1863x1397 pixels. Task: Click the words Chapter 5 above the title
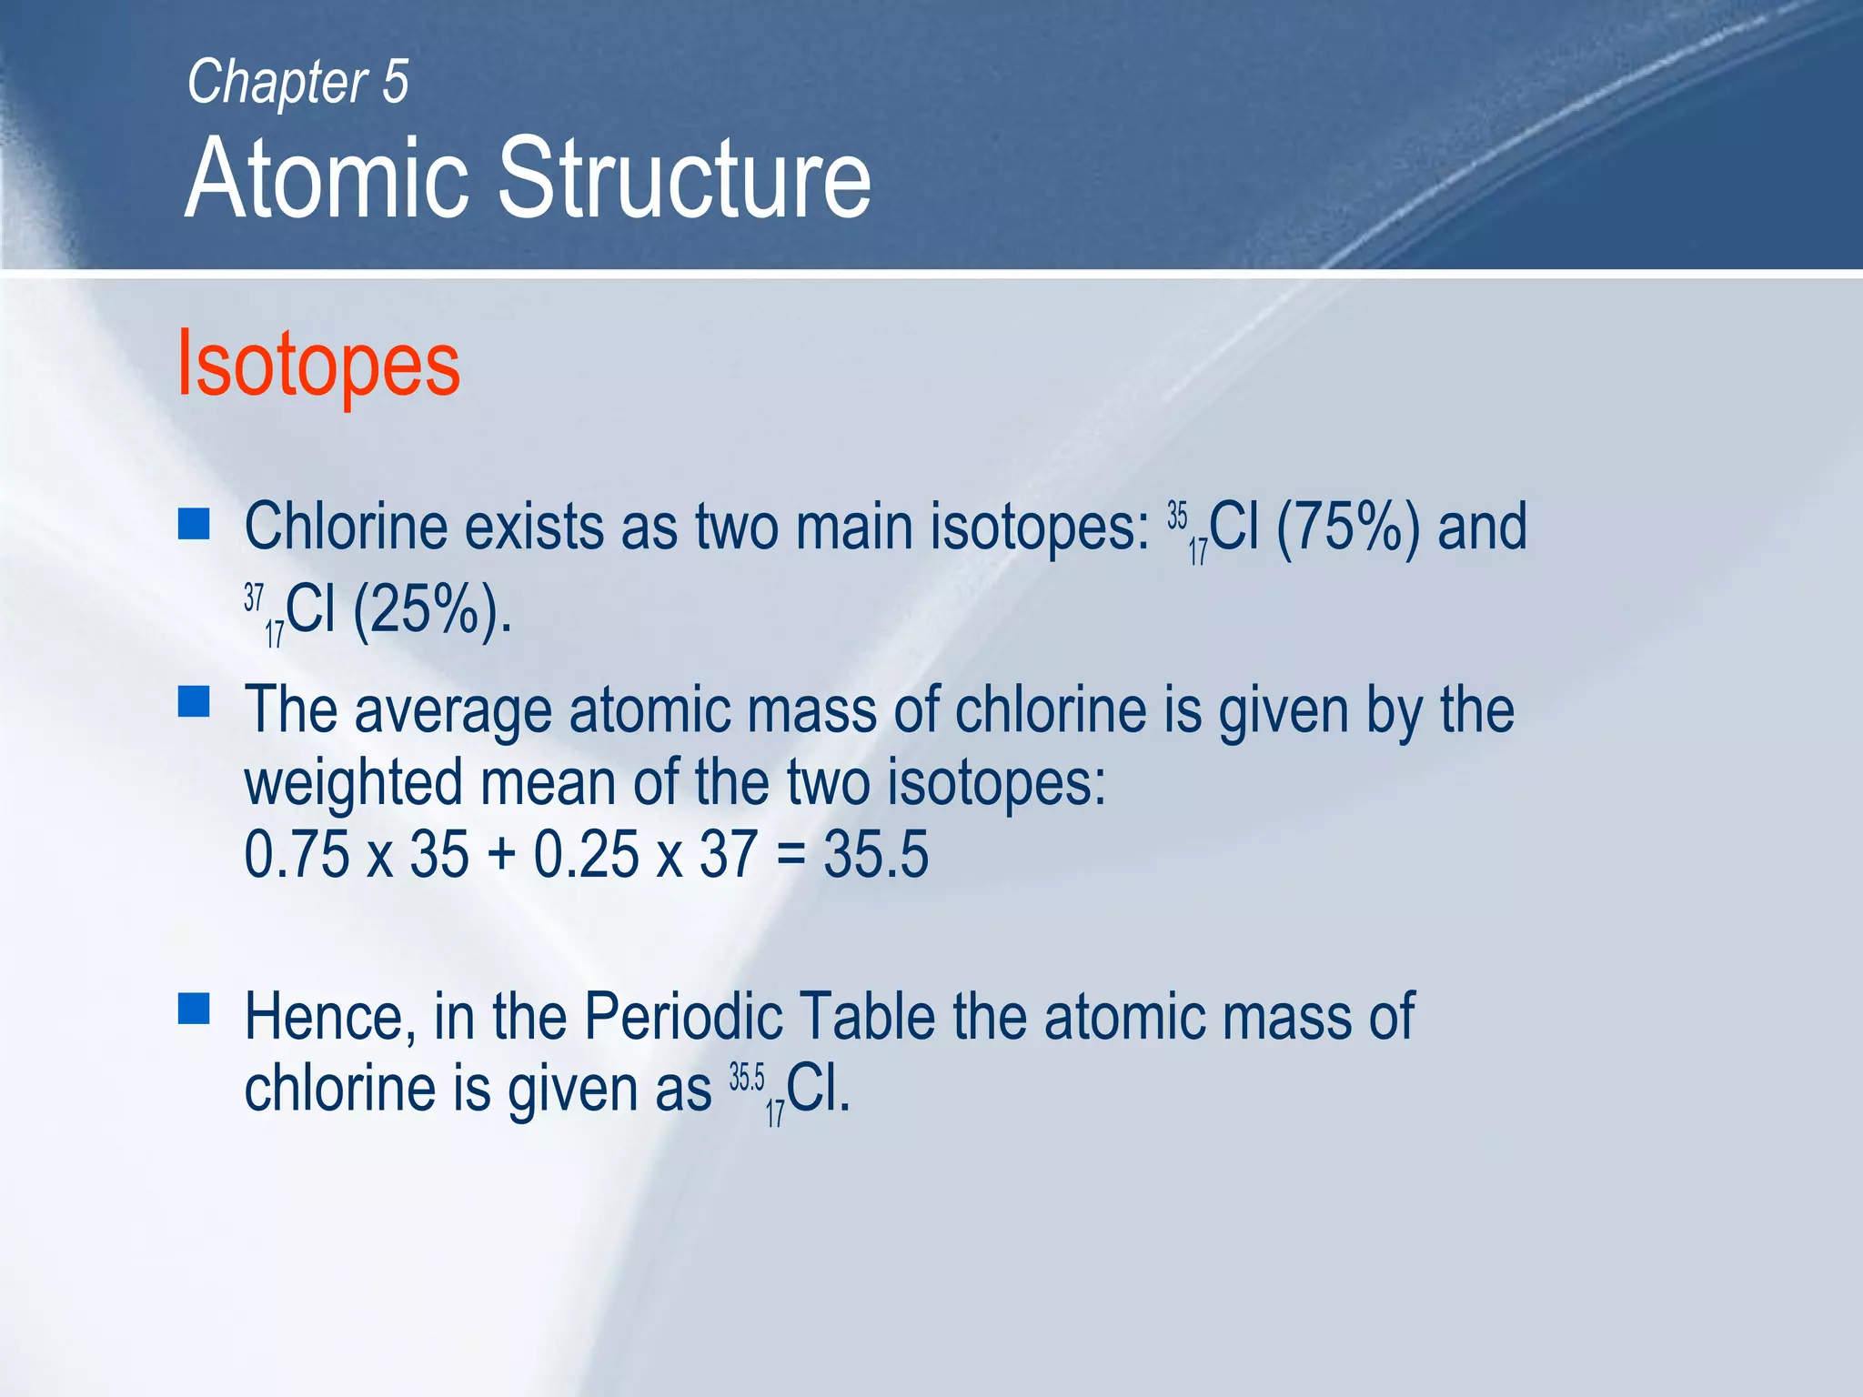click(297, 83)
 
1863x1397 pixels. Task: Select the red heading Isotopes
click(318, 364)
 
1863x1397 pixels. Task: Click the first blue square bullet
click(194, 524)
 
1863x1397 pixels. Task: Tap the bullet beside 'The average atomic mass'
click(194, 702)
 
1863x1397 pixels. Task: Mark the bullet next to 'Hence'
click(194, 1009)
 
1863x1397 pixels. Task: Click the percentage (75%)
click(1347, 528)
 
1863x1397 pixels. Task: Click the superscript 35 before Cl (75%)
click(1177, 516)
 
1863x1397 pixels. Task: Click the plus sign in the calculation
click(501, 857)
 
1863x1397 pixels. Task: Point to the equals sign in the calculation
click(791, 857)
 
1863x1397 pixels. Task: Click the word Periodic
click(682, 1016)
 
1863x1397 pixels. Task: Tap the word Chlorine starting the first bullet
click(346, 528)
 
